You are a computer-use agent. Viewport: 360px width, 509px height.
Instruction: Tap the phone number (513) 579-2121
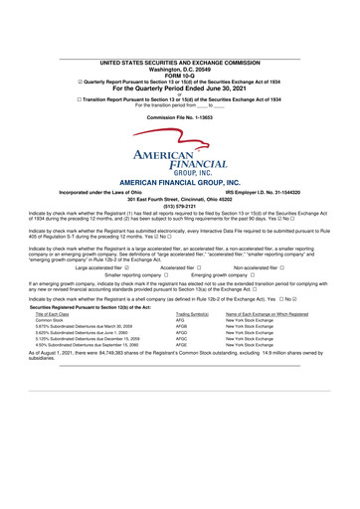[x=180, y=209]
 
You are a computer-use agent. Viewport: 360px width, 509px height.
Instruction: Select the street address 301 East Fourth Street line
[x=180, y=202]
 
